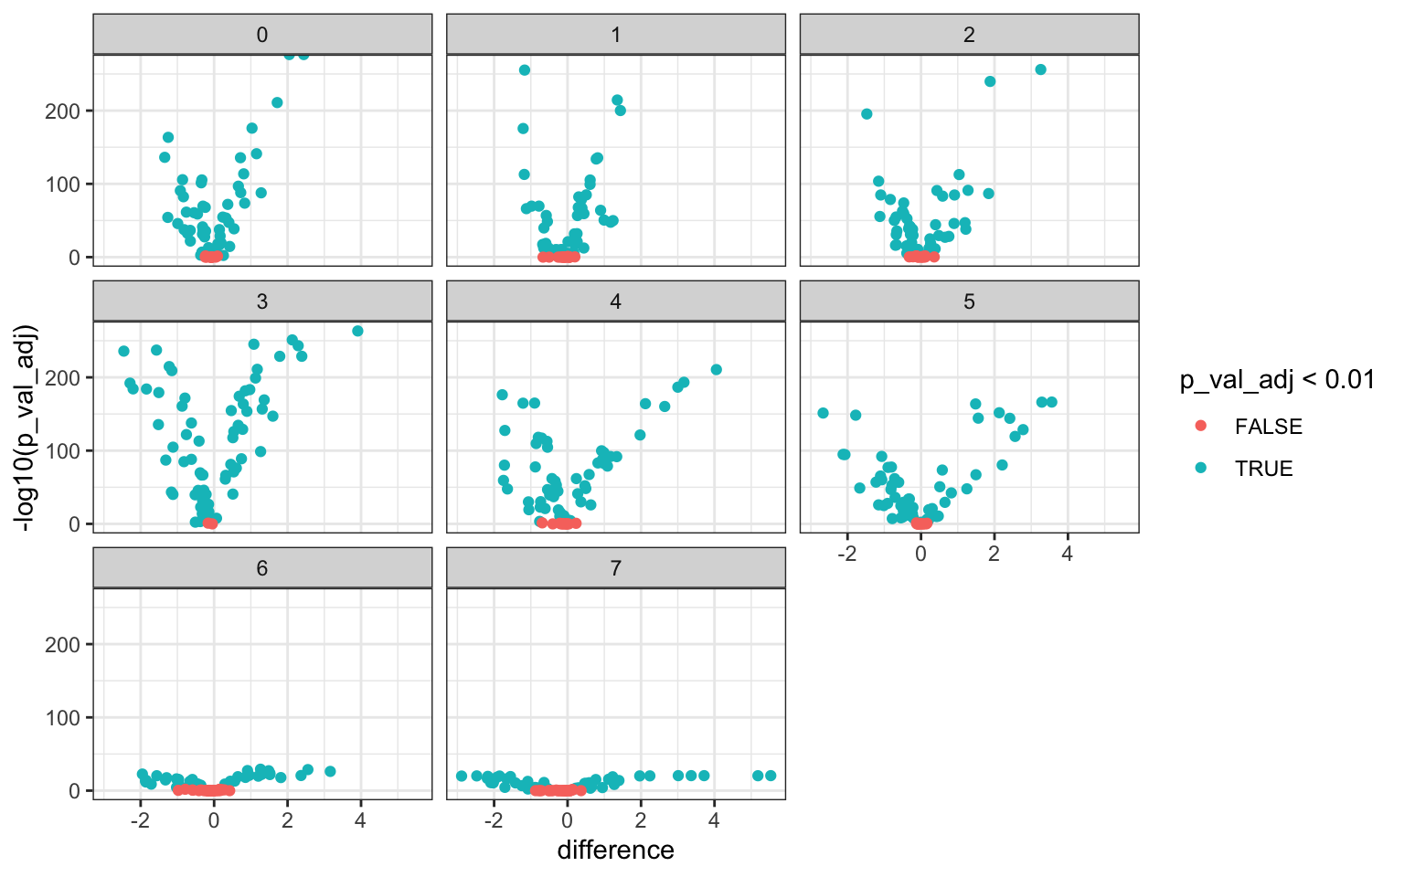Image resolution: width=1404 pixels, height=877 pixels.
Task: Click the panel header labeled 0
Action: (x=262, y=35)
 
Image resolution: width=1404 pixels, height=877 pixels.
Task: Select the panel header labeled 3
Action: (x=262, y=301)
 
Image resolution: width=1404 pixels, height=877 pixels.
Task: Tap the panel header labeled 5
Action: (x=969, y=301)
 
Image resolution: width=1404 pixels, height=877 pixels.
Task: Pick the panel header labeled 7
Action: (x=615, y=568)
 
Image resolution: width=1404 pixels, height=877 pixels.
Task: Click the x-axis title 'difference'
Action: (x=615, y=851)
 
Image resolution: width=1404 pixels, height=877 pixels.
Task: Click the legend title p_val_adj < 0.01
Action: (x=1277, y=380)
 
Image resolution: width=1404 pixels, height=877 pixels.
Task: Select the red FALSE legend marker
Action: (x=1201, y=427)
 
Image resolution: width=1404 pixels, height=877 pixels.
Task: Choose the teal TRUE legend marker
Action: (x=1201, y=469)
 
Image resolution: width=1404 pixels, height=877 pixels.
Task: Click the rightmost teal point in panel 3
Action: (x=357, y=331)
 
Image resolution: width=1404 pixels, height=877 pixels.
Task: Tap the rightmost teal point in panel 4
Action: (x=717, y=370)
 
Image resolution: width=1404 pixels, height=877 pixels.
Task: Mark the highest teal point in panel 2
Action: (x=1040, y=69)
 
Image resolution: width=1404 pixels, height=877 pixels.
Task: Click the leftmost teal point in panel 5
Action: (x=823, y=413)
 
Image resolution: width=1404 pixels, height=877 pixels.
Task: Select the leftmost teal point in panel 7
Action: (x=462, y=776)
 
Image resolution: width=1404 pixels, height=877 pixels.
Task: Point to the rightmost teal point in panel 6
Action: (x=330, y=771)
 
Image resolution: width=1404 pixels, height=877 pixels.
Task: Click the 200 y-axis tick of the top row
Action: (x=69, y=111)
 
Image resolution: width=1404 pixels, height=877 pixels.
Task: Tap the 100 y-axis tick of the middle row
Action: (x=69, y=451)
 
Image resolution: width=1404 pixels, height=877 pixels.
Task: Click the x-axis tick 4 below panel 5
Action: (x=1067, y=554)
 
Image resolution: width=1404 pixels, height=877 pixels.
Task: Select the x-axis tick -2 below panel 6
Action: (x=140, y=820)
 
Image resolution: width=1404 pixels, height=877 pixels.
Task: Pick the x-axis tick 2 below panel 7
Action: (x=641, y=820)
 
